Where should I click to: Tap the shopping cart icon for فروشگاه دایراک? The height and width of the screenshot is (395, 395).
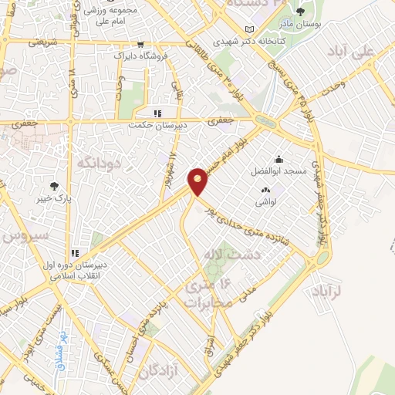coord(140,45)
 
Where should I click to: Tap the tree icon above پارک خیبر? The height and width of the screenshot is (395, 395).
coord(54,186)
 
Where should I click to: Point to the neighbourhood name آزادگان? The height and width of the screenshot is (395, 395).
coord(160,372)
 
